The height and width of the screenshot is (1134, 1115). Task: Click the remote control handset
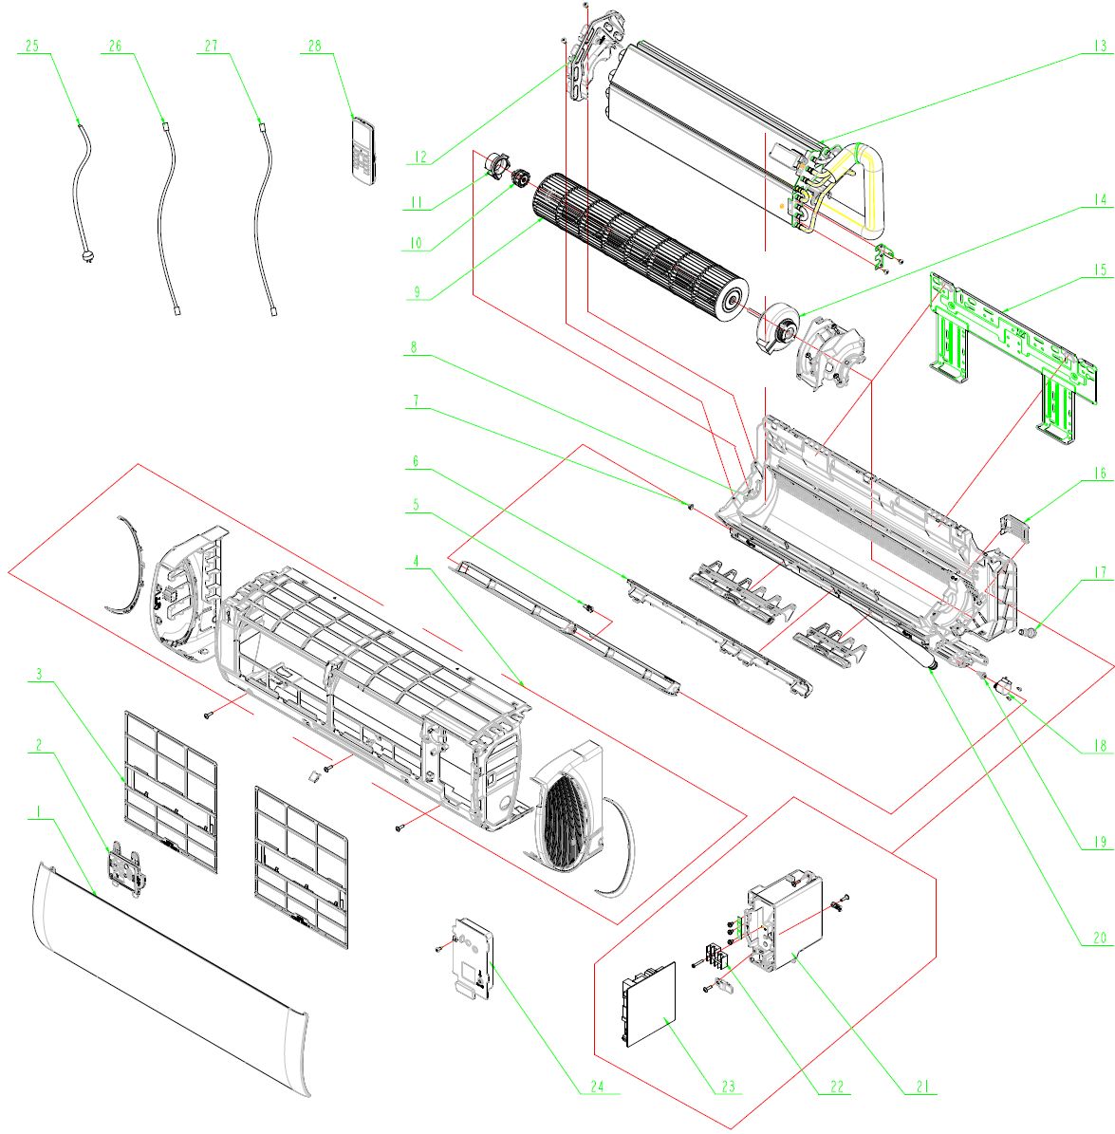click(362, 149)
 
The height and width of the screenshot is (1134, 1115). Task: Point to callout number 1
click(38, 812)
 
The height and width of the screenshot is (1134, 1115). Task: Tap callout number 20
click(1099, 937)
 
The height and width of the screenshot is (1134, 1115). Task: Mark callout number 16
click(1099, 472)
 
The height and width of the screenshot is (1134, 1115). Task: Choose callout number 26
click(115, 46)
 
